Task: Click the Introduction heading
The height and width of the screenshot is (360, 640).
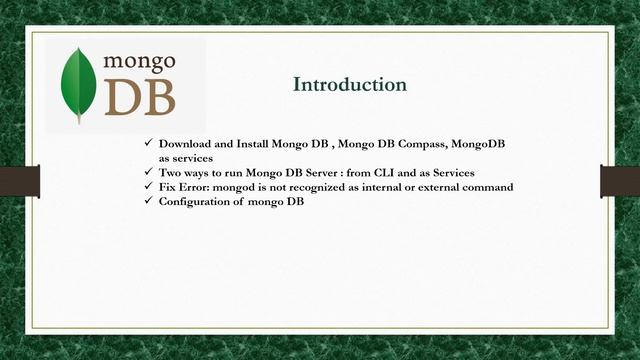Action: [349, 85]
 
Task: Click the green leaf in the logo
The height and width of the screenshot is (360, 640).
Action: [80, 85]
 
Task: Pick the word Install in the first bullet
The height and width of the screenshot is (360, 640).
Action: [256, 144]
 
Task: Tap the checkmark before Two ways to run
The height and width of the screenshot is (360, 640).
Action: [149, 172]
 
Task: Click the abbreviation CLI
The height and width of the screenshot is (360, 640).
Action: [380, 172]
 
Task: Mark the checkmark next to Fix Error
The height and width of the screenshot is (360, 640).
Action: [149, 187]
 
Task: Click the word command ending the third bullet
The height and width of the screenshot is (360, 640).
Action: [491, 187]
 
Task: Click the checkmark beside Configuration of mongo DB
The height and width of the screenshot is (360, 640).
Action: [149, 201]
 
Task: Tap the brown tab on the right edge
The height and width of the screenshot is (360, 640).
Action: [619, 181]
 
